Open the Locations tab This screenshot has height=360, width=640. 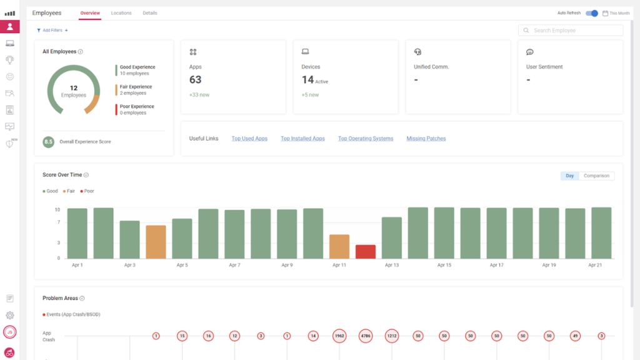click(121, 13)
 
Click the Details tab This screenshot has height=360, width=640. click(150, 13)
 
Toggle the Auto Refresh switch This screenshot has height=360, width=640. click(592, 13)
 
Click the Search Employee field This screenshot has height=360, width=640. click(571, 31)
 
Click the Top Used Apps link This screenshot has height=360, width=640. click(249, 139)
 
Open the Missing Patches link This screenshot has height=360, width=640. click(426, 139)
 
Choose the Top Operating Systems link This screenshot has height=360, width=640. click(366, 139)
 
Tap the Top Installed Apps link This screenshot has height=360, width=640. click(302, 139)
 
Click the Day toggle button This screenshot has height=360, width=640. click(569, 176)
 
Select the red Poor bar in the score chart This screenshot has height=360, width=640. click(366, 251)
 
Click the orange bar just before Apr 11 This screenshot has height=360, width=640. click(339, 246)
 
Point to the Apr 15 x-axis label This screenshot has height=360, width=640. click(444, 266)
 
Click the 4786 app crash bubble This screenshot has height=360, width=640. click(366, 336)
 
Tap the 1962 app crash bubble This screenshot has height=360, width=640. click(339, 336)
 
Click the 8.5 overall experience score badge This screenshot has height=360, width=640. click(48, 142)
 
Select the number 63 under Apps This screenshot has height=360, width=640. click(196, 80)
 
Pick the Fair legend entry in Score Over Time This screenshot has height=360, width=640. click(70, 191)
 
